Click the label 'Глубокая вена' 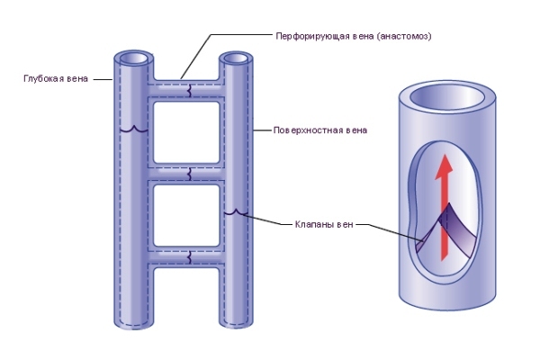click(x=56, y=79)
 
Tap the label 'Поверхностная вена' click(x=319, y=130)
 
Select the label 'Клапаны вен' click(x=324, y=225)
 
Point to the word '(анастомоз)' click(x=404, y=36)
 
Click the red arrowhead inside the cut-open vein click(x=444, y=167)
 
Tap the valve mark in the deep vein click(x=134, y=130)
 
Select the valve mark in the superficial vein click(x=236, y=212)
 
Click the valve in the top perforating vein click(x=189, y=90)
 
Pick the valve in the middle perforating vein click(x=189, y=174)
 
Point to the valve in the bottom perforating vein click(x=189, y=257)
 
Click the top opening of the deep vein click(x=133, y=58)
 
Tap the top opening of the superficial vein click(x=236, y=58)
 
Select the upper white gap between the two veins click(x=186, y=132)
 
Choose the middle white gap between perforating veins click(x=186, y=216)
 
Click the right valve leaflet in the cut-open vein click(x=460, y=229)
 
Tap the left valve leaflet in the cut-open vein click(x=428, y=234)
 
